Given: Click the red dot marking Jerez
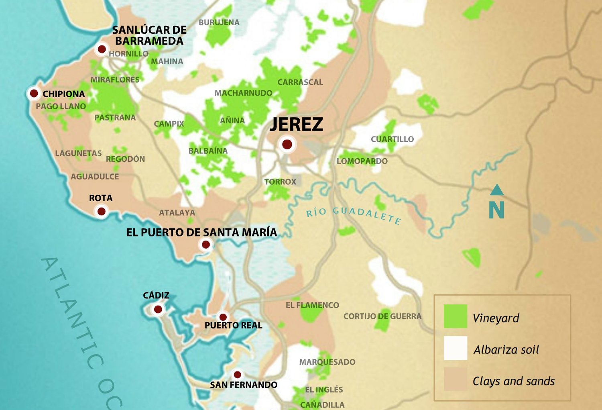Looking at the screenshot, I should (287, 144).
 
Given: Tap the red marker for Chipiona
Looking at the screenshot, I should (34, 94).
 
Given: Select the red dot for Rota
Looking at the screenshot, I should (102, 211).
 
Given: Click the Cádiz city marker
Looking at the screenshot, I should (158, 309).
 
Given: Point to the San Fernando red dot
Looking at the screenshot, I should (238, 375).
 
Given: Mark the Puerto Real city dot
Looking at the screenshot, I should (223, 317).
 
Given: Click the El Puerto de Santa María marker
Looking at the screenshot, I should (206, 244).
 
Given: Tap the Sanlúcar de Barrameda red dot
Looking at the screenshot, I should (102, 49).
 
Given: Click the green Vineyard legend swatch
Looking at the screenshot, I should (455, 316).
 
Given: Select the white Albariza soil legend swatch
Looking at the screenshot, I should (455, 348).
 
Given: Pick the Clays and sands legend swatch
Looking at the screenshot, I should (455, 379).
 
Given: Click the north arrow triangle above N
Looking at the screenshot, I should (497, 190).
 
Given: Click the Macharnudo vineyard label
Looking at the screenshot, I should (243, 93).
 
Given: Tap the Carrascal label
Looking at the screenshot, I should (300, 82).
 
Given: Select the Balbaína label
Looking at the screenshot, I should (208, 151).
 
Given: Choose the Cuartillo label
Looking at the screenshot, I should (392, 139).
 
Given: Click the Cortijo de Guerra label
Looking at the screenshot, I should (382, 316).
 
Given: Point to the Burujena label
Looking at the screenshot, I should (219, 22).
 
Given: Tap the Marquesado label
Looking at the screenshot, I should (327, 362).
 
